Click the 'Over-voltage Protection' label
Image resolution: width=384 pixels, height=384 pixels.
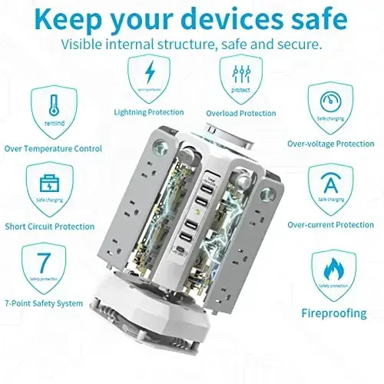pyautogui.click(x=330, y=143)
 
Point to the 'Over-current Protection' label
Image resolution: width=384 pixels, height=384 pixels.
pyautogui.click(x=330, y=224)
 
